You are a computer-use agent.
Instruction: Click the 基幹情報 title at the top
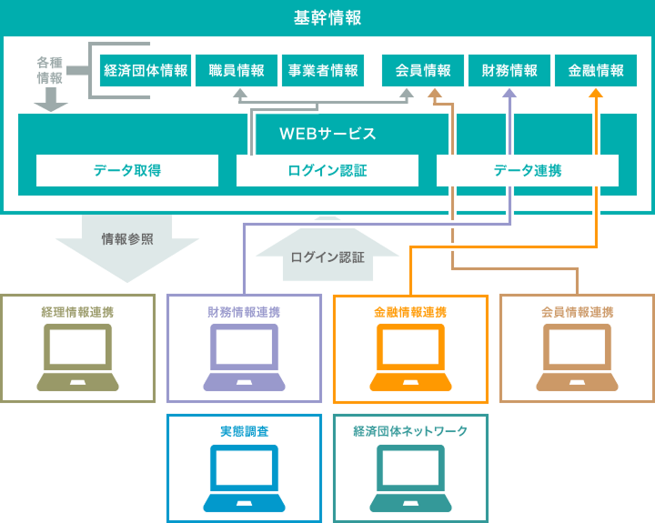(x=327, y=17)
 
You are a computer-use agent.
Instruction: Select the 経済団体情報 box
(x=146, y=71)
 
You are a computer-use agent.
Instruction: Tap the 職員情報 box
(x=237, y=71)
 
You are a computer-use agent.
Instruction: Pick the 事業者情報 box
(x=323, y=71)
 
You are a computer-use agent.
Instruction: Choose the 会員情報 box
(x=422, y=71)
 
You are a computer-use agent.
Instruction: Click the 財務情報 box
(x=509, y=71)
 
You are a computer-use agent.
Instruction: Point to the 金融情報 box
(x=596, y=71)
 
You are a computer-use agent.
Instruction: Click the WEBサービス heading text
(x=327, y=134)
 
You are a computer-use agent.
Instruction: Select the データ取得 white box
(x=127, y=170)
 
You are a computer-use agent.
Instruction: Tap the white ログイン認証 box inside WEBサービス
(x=327, y=170)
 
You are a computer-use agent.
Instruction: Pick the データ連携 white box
(x=528, y=170)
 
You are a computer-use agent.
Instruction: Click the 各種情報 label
(x=50, y=70)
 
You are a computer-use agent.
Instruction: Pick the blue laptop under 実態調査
(x=244, y=478)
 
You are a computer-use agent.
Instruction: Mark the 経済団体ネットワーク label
(x=410, y=430)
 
